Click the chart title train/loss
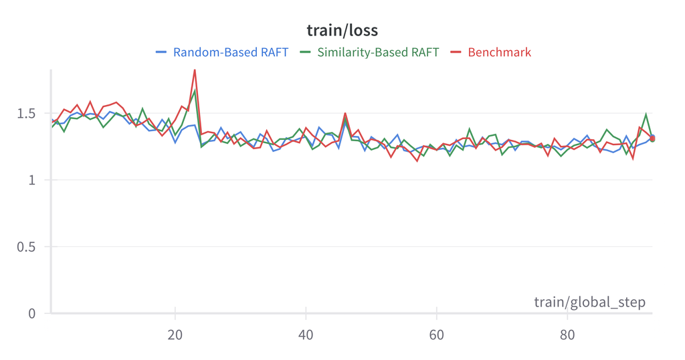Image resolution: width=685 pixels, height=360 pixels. pos(342,30)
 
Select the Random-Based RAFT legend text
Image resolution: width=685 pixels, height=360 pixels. pos(230,52)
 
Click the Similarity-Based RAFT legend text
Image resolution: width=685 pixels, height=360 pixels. pos(378,52)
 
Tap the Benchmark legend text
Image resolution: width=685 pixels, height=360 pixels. pos(499,52)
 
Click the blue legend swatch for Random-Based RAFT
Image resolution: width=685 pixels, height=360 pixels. pos(161,52)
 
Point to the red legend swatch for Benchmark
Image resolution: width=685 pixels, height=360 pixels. pos(456,52)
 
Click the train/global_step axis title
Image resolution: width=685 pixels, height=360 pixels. pos(589,302)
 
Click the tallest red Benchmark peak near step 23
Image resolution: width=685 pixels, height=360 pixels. pos(195,70)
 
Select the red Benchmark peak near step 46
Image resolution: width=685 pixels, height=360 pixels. pos(345,113)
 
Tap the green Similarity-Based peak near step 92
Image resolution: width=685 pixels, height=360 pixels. pos(646,114)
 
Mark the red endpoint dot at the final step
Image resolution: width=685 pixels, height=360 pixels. pos(652,139)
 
